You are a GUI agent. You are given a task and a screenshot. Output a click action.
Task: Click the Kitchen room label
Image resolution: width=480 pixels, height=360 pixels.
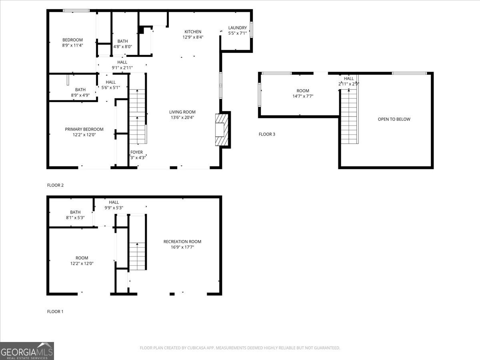tap(192, 32)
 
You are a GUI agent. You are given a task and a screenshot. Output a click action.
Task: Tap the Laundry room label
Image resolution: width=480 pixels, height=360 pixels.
tap(237, 28)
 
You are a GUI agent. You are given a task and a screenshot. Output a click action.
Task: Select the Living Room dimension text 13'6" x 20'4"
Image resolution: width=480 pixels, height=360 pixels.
tap(182, 118)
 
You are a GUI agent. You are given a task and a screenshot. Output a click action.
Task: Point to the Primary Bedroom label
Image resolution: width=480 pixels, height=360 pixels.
tap(84, 129)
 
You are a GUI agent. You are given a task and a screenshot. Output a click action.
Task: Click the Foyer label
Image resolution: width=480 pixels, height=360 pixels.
tap(136, 152)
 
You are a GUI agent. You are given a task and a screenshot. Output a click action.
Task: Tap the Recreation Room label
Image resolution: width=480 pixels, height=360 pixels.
tap(182, 242)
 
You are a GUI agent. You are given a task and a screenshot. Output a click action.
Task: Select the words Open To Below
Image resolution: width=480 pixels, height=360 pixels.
tap(394, 119)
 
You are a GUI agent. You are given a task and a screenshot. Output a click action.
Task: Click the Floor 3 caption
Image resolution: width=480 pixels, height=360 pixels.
tap(267, 134)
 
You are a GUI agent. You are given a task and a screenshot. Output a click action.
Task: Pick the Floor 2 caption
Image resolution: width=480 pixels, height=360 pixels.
tap(55, 185)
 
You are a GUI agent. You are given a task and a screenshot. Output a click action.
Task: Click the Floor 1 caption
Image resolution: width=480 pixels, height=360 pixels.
tap(55, 312)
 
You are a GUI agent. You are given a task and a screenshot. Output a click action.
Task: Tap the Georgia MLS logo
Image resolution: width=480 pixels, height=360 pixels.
tap(27, 351)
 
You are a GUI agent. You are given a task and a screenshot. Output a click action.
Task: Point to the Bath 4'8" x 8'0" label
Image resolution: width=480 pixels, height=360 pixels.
tap(122, 41)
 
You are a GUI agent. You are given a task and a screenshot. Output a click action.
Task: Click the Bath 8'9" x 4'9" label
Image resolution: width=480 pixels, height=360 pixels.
tap(80, 90)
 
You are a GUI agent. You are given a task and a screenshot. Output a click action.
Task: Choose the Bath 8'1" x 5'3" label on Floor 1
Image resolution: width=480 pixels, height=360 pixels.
tap(75, 212)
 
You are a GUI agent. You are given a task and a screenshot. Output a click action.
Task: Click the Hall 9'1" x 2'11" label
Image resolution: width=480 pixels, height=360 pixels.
tap(122, 62)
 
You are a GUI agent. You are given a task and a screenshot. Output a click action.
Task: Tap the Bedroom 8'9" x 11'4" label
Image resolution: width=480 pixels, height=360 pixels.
tap(72, 40)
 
